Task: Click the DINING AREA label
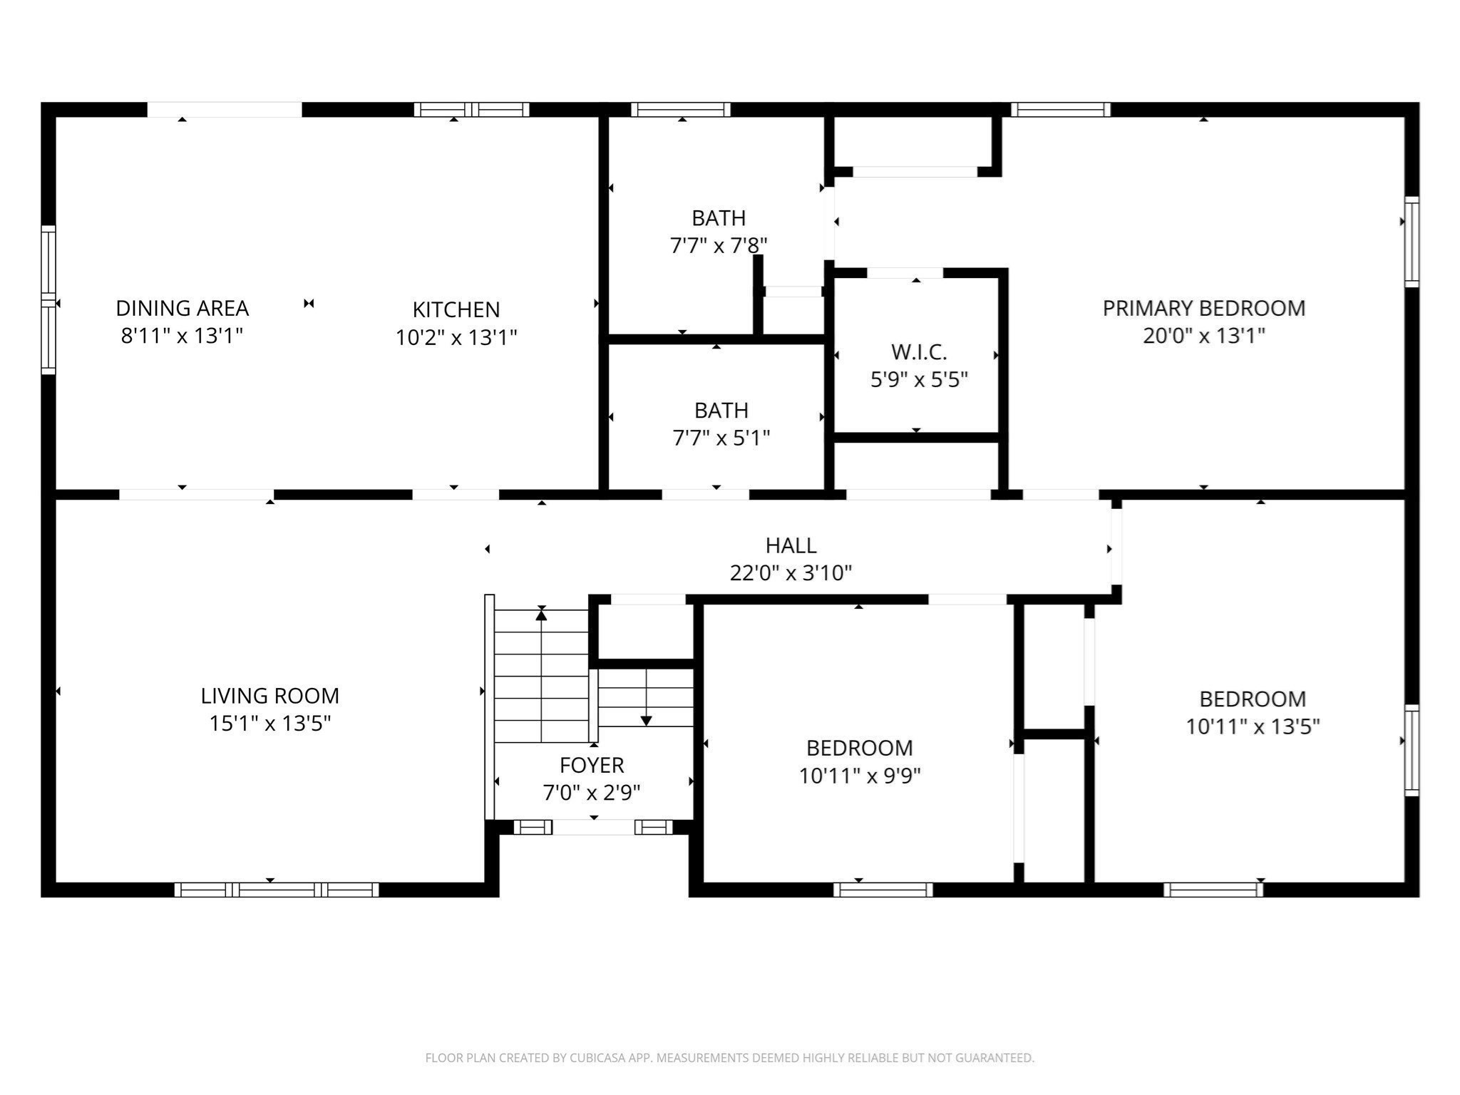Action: (x=182, y=308)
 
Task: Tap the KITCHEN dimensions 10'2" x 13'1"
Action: (x=456, y=337)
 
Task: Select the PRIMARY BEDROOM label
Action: (x=1203, y=308)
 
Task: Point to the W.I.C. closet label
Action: (x=918, y=352)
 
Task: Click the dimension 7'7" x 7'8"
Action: (x=719, y=246)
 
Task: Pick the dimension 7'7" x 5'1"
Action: (x=721, y=438)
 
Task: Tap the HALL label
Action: (x=791, y=545)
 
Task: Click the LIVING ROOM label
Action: (x=269, y=696)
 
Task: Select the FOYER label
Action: (x=592, y=765)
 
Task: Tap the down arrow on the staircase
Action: (x=646, y=720)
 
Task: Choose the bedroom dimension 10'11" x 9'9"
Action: (x=860, y=776)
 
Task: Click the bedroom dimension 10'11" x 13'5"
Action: (x=1253, y=726)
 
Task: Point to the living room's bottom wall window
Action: (x=277, y=889)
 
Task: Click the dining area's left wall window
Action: (x=48, y=299)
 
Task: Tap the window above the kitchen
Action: (x=471, y=110)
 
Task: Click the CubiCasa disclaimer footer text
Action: (x=729, y=1058)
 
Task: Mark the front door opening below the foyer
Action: (x=593, y=827)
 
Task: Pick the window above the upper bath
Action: (x=681, y=110)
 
